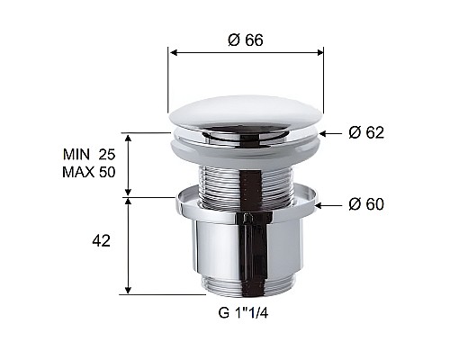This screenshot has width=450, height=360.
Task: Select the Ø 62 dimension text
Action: (x=366, y=133)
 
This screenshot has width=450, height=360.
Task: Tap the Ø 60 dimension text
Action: (x=366, y=204)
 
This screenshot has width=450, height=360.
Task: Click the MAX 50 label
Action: (x=89, y=173)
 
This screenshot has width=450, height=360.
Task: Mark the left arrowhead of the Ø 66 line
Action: (x=173, y=53)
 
